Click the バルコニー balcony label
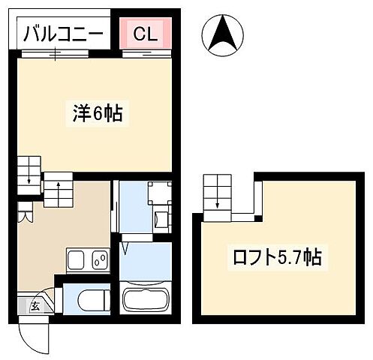point(62,33)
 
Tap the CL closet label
point(146,33)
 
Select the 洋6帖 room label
point(98,115)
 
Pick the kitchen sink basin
point(77,261)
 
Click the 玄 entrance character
point(35,304)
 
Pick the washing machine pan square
point(159,193)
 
